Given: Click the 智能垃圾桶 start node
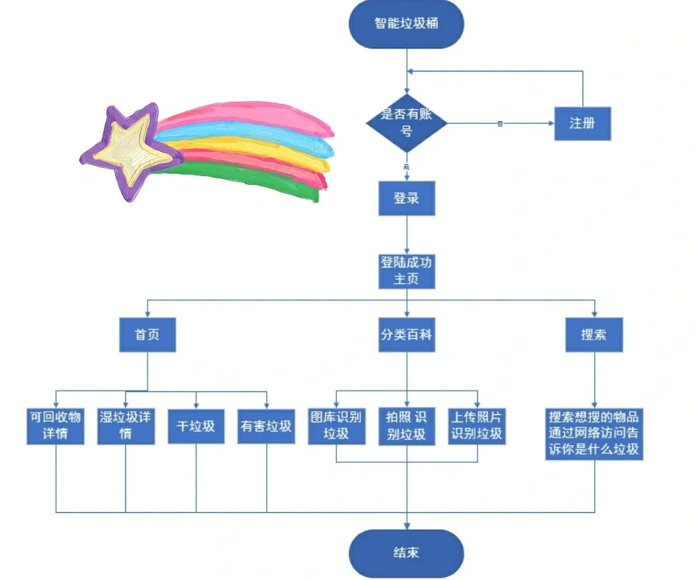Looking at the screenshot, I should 406,24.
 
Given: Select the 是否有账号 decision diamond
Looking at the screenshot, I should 406,123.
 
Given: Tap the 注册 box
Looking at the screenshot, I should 582,123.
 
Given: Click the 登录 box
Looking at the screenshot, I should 406,198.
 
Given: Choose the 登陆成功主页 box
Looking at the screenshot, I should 406,270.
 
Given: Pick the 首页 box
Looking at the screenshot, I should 147,335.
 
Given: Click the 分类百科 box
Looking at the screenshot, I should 406,335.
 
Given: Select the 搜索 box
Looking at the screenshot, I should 594,335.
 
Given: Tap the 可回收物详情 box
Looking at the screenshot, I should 56,425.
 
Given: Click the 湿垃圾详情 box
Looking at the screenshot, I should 125,425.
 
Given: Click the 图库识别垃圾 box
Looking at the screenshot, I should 336,425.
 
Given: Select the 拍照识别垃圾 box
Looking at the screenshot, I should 406,425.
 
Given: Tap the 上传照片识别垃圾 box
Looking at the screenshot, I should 477,425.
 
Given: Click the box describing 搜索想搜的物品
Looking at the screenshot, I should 594,433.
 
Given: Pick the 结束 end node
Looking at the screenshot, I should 406,553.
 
